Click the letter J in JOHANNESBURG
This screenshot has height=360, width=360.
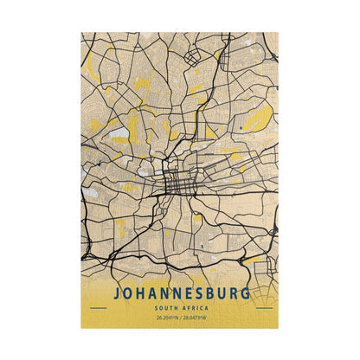116,293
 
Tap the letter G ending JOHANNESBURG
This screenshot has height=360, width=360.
246,293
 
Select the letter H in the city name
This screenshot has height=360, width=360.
142,293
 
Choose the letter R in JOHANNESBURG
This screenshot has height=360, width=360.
232,293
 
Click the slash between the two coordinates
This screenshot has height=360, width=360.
180,319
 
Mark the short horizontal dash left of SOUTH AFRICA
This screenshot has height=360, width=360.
97,308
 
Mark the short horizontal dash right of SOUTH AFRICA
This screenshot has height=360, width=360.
263,308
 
